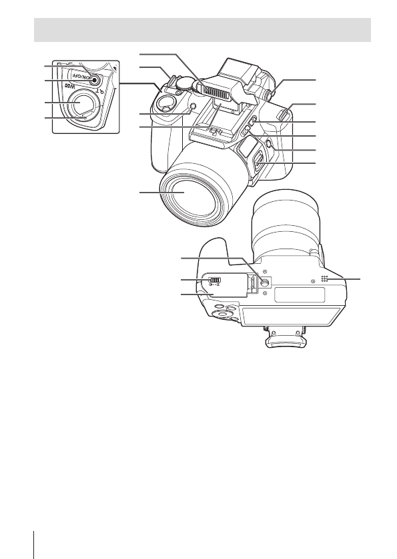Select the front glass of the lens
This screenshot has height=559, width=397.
(x=184, y=193)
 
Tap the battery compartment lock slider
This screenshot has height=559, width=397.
(x=215, y=280)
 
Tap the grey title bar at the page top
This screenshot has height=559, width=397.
(x=202, y=30)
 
